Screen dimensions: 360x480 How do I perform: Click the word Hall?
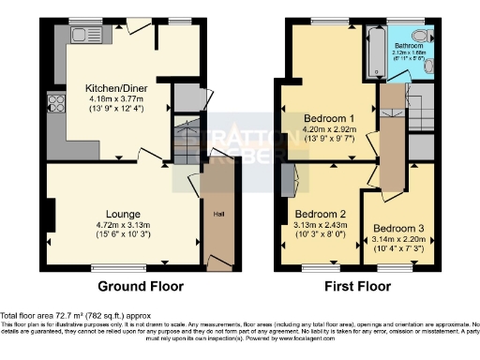click(217, 215)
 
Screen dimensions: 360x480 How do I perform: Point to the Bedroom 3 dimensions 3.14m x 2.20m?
click(397, 240)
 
